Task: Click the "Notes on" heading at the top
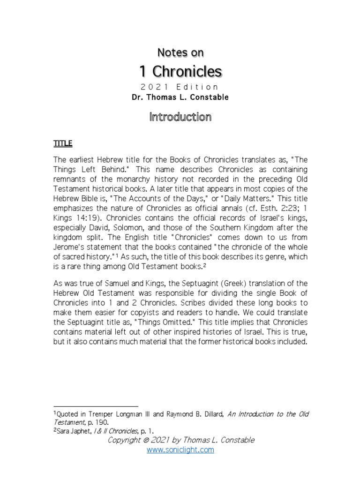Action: pos(180,53)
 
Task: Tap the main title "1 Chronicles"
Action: pos(180,71)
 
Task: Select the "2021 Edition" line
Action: pos(180,87)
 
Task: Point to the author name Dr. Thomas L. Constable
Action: pos(180,98)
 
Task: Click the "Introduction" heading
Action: pos(180,117)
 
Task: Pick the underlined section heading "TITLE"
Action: pos(63,143)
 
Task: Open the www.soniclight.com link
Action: pos(180,450)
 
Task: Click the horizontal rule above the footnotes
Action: pos(96,406)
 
